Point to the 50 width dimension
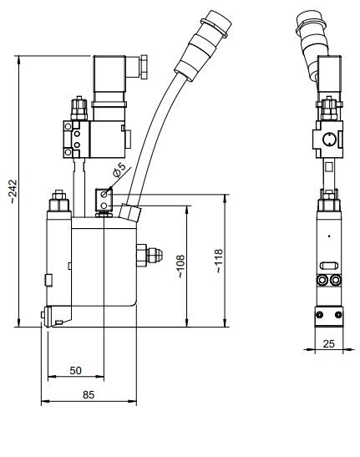(x=75, y=369)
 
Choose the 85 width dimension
(x=88, y=396)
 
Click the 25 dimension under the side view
(x=328, y=343)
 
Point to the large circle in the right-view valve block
(x=328, y=138)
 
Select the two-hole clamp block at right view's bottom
(x=328, y=315)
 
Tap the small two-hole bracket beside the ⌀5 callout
(x=104, y=200)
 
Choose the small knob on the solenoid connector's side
(x=144, y=61)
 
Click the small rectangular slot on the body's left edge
(x=48, y=278)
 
